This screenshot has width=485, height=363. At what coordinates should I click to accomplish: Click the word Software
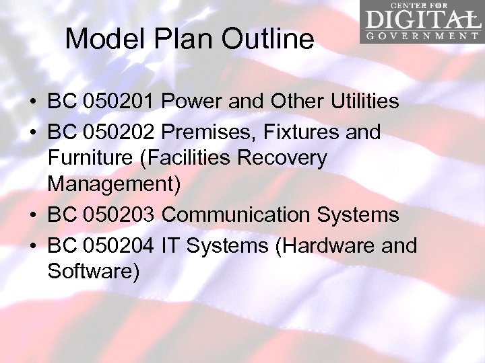click(92, 272)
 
